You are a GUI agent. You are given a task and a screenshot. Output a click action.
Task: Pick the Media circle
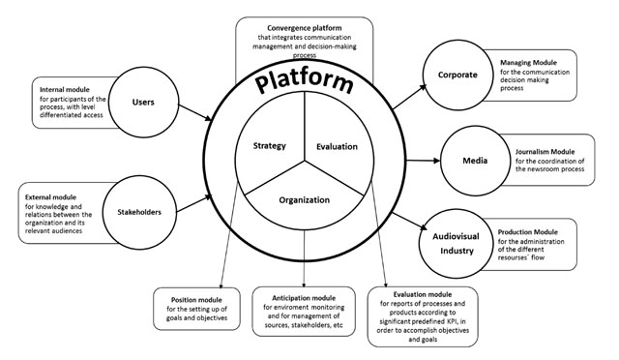click(x=471, y=159)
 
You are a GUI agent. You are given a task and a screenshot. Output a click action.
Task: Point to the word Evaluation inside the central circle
click(x=337, y=146)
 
